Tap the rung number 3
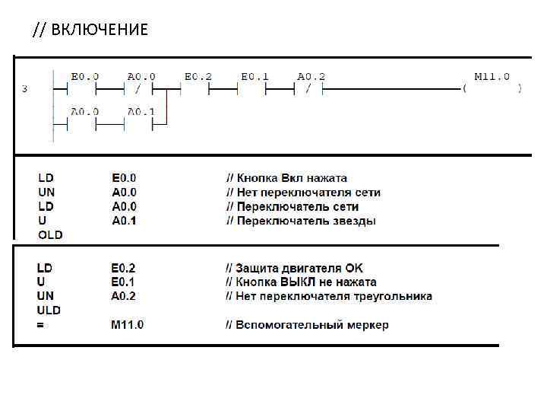[x=25, y=89]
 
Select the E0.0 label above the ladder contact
[x=84, y=77]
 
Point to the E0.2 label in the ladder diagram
[x=198, y=77]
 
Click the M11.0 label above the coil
[x=492, y=77]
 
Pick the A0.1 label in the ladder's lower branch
[x=141, y=111]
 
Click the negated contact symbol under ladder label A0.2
[x=308, y=89]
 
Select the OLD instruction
[x=50, y=235]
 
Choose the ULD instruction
[x=49, y=311]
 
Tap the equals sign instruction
[x=41, y=325]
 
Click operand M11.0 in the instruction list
[x=127, y=325]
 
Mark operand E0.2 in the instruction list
[x=124, y=268]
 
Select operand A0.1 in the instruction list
[x=124, y=221]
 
